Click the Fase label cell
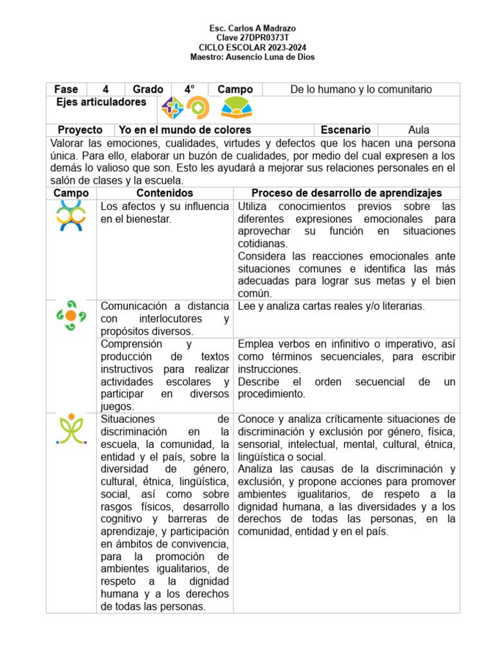coord(66,89)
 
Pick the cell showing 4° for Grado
coord(190,89)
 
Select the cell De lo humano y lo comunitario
coord(361,89)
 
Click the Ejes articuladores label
coord(101,102)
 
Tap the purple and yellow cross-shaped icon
coord(172,108)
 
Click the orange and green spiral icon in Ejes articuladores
coord(197,108)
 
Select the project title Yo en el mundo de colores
coord(185,130)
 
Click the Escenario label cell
coord(345,130)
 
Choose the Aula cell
coord(419,130)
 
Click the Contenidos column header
coord(165,193)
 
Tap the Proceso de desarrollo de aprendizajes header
coord(346,193)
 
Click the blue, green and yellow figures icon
coord(71,215)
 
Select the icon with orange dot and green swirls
coord(71,316)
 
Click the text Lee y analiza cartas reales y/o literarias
coord(331,307)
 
